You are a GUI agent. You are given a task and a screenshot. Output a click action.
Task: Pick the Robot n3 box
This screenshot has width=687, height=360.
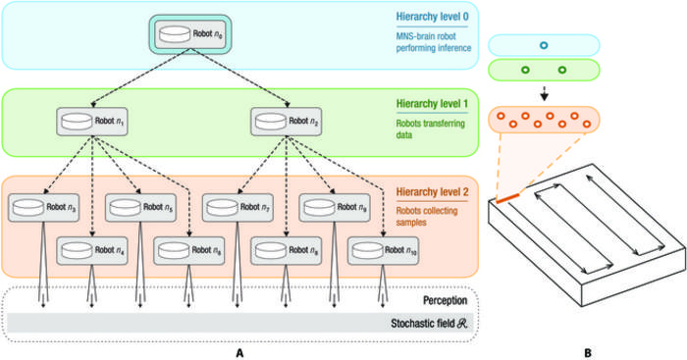point(44,208)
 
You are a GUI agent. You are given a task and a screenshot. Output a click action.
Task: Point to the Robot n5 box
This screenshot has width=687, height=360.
point(141,208)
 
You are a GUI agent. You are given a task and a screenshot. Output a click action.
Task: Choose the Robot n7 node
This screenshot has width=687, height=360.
point(238,208)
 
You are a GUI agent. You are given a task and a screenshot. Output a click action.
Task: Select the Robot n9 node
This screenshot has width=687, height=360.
point(336,208)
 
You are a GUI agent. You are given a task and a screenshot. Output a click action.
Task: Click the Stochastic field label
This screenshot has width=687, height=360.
point(423,323)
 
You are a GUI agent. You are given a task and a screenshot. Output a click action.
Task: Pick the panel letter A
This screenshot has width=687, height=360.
point(240,349)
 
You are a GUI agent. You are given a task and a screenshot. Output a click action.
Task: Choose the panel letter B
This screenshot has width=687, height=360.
point(588,349)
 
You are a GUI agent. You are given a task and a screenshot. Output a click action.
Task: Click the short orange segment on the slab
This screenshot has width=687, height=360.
point(507,200)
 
